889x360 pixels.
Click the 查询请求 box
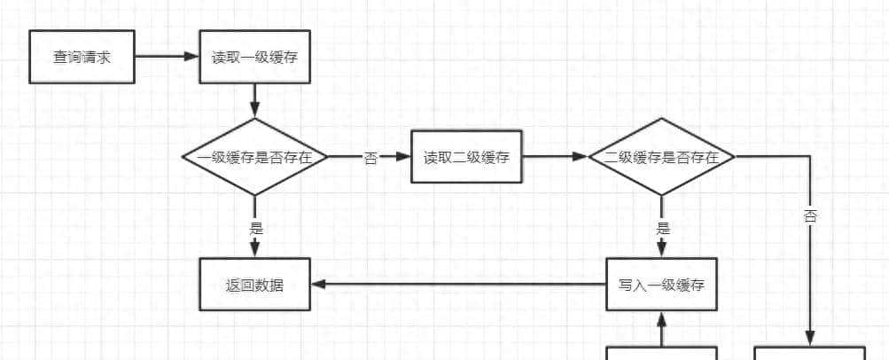pyautogui.click(x=82, y=57)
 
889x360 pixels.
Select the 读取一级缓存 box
pyautogui.click(x=254, y=57)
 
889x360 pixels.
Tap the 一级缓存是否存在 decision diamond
pyautogui.click(x=254, y=157)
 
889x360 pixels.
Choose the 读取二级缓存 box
pyautogui.click(x=466, y=157)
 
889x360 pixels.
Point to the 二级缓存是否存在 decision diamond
pyautogui.click(x=661, y=157)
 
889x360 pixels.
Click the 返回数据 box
pyautogui.click(x=254, y=285)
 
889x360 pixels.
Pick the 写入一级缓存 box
pyautogui.click(x=661, y=285)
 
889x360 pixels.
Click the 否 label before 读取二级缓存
pyautogui.click(x=370, y=158)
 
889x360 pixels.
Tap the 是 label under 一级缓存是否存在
pyautogui.click(x=256, y=227)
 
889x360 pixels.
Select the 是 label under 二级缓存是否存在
pyautogui.click(x=662, y=227)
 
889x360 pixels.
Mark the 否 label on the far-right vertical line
pyautogui.click(x=810, y=216)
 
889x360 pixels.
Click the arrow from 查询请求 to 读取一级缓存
pyautogui.click(x=167, y=57)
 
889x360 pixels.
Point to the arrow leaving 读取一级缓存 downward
pyautogui.click(x=254, y=101)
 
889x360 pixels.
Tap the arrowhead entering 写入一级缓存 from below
pyautogui.click(x=661, y=317)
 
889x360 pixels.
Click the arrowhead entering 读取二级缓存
pyautogui.click(x=404, y=157)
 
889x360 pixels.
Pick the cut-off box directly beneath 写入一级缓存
pyautogui.click(x=661, y=353)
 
